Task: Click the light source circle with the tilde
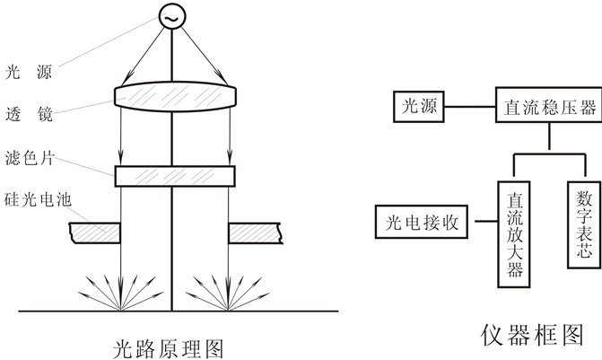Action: [x=171, y=15]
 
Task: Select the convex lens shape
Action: [x=175, y=93]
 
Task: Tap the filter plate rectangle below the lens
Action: [x=175, y=175]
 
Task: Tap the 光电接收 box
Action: [x=422, y=221]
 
